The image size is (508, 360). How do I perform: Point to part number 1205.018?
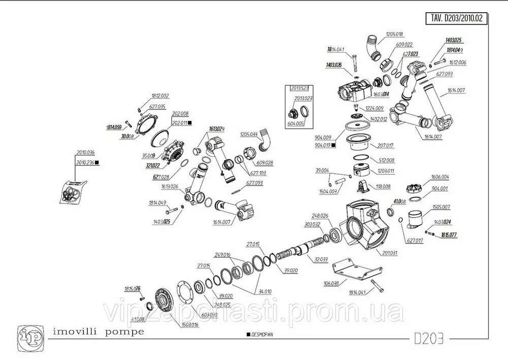(x=394, y=34)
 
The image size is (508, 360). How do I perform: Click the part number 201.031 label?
(x=389, y=253)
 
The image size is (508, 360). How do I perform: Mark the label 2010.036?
(x=85, y=153)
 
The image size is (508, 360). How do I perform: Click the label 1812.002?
(x=161, y=96)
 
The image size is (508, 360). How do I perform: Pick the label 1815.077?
(x=449, y=235)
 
